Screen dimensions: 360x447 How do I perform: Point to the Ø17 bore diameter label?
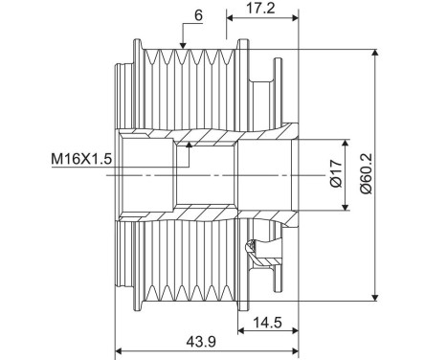[x=335, y=174]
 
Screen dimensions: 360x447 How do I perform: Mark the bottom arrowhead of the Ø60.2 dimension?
[x=374, y=296]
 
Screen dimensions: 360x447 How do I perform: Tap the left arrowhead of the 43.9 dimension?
[x=120, y=351]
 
